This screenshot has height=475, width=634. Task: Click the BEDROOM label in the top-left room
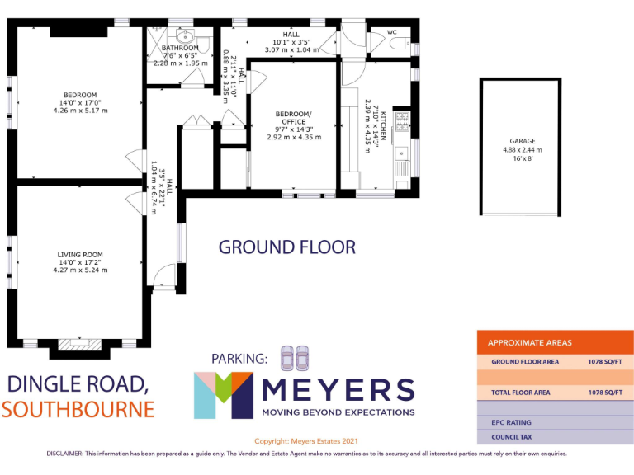[80, 94]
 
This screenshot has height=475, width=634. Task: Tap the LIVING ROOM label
[80, 254]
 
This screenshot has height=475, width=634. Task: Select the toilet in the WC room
[400, 44]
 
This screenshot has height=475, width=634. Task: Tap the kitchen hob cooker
[402, 122]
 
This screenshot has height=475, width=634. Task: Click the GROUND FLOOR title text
[286, 247]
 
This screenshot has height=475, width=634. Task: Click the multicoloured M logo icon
[224, 395]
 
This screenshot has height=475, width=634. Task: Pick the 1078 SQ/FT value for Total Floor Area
[605, 393]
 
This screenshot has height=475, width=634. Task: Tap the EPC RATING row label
[512, 422]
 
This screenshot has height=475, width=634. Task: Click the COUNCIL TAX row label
[512, 437]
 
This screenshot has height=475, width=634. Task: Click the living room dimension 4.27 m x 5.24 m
[80, 270]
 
